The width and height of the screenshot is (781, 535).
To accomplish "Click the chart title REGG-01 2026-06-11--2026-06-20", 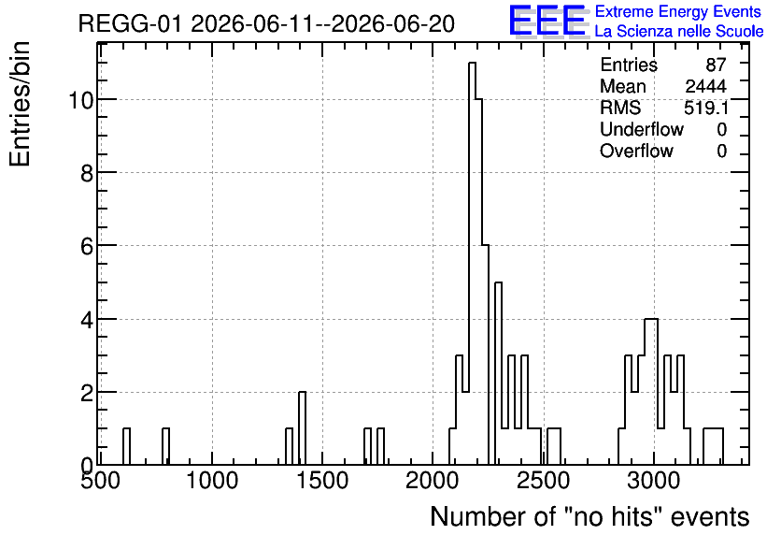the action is (266, 24).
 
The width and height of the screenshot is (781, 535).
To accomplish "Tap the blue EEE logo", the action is (547, 21).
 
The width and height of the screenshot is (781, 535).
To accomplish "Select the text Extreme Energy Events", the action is (678, 11).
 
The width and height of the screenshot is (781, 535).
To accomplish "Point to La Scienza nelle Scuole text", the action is (679, 31).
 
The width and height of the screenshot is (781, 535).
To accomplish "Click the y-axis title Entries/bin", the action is (20, 104).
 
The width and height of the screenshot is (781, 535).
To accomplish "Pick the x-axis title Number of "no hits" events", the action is (589, 516).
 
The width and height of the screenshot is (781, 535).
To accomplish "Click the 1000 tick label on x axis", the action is (212, 481).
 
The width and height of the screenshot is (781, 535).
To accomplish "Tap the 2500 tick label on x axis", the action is (544, 481).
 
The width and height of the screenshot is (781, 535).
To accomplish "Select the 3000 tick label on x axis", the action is (654, 481).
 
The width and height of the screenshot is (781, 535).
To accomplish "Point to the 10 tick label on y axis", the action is (80, 100).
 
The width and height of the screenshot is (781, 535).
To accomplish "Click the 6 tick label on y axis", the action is (87, 246).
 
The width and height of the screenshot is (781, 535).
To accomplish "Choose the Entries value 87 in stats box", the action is (716, 65).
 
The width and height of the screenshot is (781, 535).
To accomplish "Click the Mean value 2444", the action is (705, 86).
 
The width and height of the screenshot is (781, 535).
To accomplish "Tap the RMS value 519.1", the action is (705, 108).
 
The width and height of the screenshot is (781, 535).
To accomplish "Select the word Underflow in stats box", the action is (642, 129).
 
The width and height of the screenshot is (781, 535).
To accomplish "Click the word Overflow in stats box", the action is (636, 151).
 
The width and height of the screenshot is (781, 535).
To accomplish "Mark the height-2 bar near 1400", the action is (302, 428).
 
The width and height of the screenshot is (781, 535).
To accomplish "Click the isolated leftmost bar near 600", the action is (126, 446).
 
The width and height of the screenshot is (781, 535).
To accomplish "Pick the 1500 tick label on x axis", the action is (322, 481).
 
